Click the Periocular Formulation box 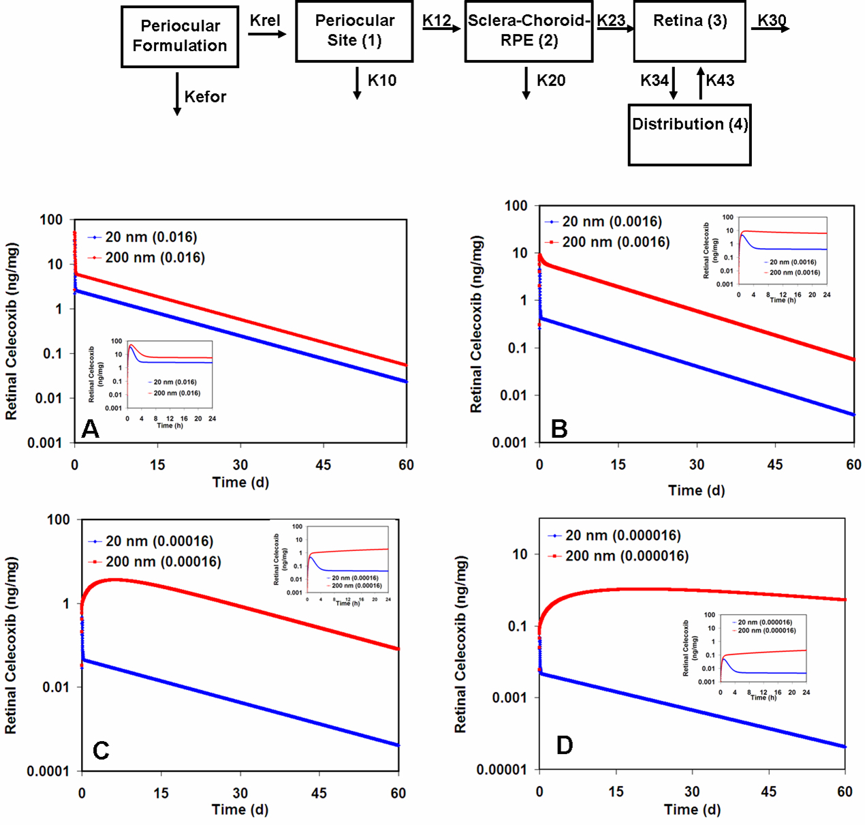(x=180, y=36)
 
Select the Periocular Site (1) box (x=354, y=31)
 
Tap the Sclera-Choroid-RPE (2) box (x=529, y=31)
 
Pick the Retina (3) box (x=689, y=31)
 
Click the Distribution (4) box (x=689, y=134)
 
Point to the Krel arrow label (x=264, y=20)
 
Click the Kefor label (x=205, y=97)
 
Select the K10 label (x=381, y=80)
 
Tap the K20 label (x=550, y=80)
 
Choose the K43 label (x=720, y=80)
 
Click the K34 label (x=654, y=80)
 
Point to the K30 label (x=772, y=20)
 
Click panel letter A (x=91, y=429)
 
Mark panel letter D (x=565, y=745)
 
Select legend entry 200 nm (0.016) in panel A (x=155, y=258)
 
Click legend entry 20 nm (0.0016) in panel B (x=612, y=222)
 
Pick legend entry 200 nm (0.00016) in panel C (x=163, y=562)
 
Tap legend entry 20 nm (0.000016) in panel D (x=623, y=536)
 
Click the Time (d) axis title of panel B (x=696, y=490)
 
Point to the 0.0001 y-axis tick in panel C (x=48, y=771)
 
